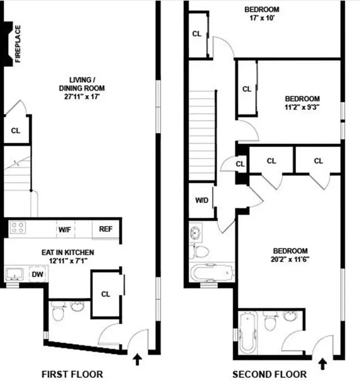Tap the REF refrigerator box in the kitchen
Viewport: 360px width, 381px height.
105,229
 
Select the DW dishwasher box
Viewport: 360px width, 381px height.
37,274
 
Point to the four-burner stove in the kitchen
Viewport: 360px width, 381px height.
18,228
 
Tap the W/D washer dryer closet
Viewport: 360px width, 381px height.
202,200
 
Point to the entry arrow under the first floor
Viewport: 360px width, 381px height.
138,359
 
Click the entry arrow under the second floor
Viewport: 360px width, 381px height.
322,364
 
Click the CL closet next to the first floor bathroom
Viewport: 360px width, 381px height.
105,294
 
